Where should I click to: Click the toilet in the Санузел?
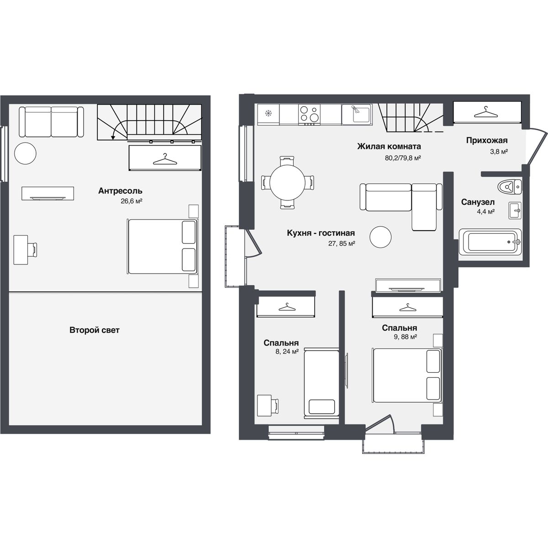point(510,187)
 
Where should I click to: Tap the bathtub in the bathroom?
point(490,242)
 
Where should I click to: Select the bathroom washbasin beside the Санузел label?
point(515,211)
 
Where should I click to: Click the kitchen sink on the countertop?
point(357,114)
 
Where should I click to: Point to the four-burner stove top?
point(309,114)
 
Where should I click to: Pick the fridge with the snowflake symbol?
point(269,114)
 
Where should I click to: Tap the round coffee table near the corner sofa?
point(380,237)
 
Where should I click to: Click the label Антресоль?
point(120,191)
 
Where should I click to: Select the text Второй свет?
point(95,330)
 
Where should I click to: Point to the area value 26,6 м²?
point(132,201)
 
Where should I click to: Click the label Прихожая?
point(486,141)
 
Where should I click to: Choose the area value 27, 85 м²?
point(342,243)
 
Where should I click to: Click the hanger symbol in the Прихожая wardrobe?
point(486,112)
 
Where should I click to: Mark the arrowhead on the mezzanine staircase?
point(113,137)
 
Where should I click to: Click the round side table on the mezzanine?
point(25,153)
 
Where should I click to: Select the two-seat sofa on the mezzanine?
point(51,122)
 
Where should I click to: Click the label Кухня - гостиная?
point(321,233)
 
